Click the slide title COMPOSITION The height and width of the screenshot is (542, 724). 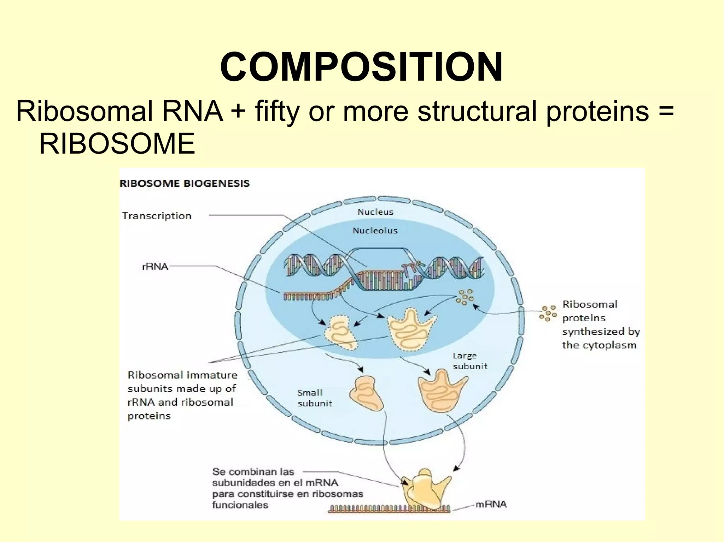[x=361, y=67]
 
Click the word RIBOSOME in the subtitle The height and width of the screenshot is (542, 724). [x=117, y=144]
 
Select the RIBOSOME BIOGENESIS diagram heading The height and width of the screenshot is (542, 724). [x=185, y=183]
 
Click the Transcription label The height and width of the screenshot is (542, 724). [x=156, y=216]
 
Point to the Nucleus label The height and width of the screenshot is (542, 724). [x=375, y=212]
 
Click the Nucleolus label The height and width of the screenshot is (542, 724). [x=375, y=231]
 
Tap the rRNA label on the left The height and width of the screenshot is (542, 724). [x=155, y=267]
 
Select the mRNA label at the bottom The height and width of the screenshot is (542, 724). [x=491, y=504]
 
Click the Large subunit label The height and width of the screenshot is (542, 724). [x=469, y=361]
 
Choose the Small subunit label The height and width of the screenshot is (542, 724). [x=314, y=398]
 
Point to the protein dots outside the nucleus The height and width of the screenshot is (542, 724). [x=548, y=313]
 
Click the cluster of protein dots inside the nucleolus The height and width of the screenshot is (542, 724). [x=465, y=297]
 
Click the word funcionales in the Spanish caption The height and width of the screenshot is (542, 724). [x=240, y=505]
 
